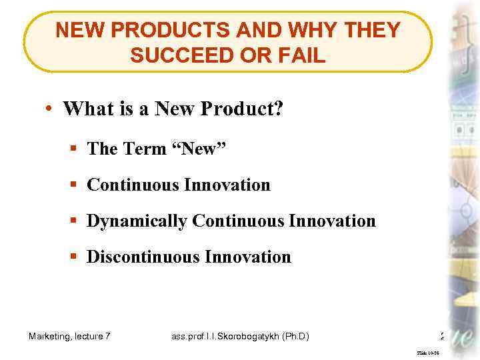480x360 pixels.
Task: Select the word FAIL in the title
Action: tap(301, 56)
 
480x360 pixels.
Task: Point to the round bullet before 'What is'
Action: tap(50, 109)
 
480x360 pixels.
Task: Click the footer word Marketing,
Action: tap(51, 337)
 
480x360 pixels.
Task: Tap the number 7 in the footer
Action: tap(108, 337)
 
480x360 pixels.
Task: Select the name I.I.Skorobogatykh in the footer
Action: tap(239, 337)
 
